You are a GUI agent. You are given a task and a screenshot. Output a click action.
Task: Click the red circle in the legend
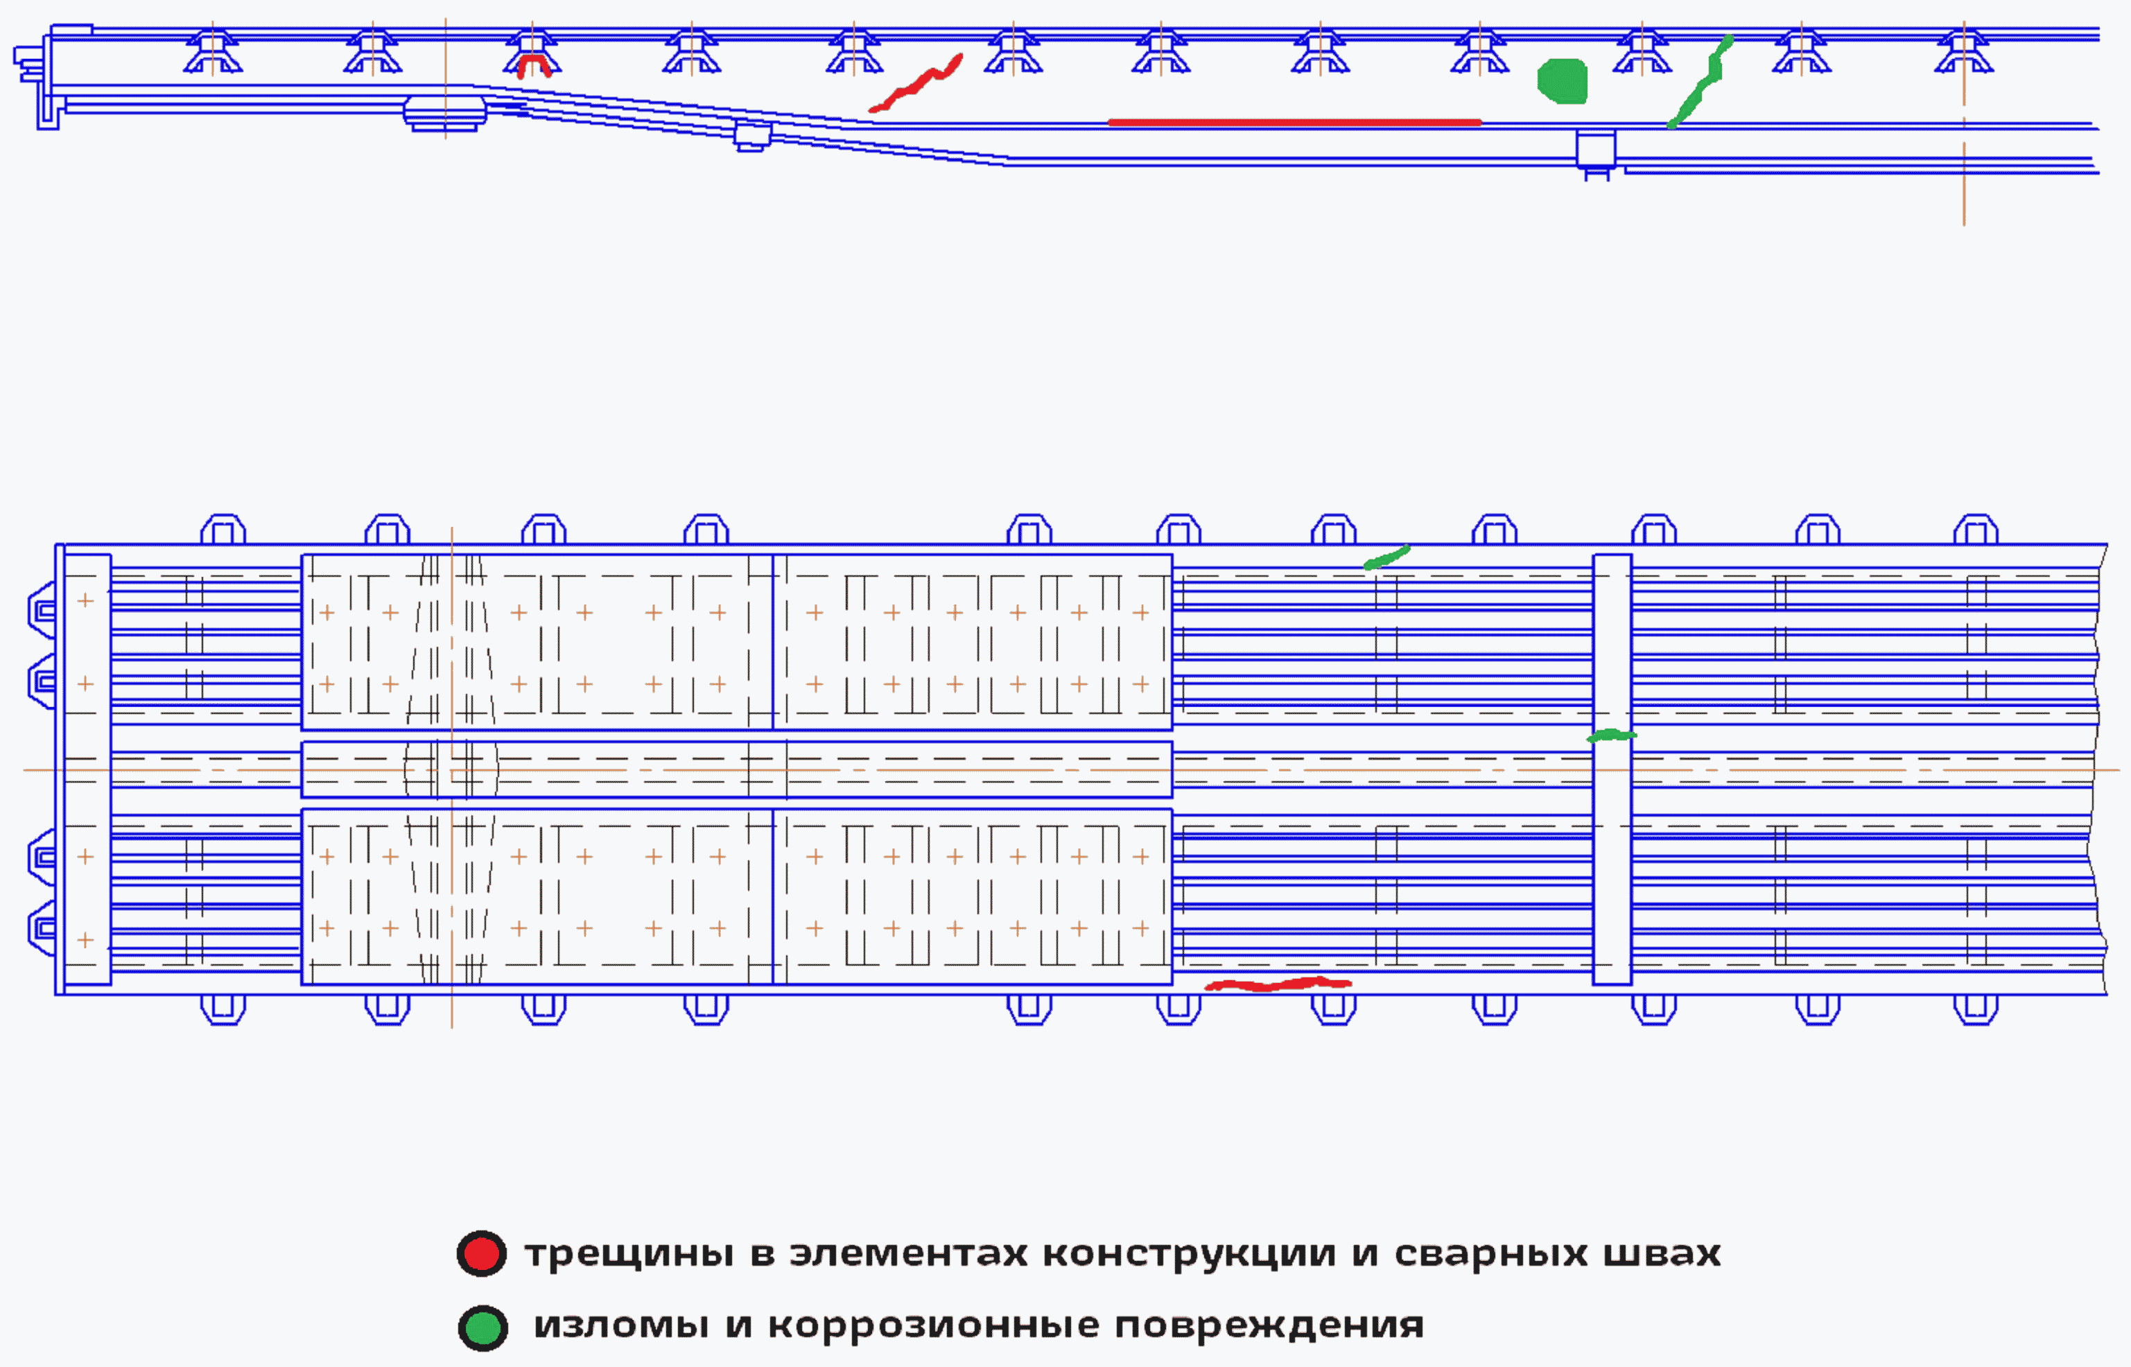click(x=481, y=1253)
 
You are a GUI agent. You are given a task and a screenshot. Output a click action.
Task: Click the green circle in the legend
click(x=482, y=1327)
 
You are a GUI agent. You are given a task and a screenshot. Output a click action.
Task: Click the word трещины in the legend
click(x=628, y=1254)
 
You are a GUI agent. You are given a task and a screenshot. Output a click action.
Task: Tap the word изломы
click(x=620, y=1326)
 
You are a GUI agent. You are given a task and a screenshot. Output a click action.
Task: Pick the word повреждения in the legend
click(x=1269, y=1326)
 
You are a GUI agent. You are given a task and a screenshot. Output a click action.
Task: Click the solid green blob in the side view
click(x=1562, y=82)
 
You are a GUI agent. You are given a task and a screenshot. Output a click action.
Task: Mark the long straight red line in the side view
click(x=1294, y=123)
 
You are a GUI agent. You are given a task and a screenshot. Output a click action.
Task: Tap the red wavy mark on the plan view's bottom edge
click(x=1278, y=984)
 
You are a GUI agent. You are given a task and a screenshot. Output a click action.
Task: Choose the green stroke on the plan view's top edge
click(x=1386, y=557)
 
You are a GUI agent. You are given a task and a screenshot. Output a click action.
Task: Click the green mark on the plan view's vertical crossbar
click(x=1611, y=735)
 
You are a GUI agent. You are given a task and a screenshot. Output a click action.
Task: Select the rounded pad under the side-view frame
click(x=444, y=112)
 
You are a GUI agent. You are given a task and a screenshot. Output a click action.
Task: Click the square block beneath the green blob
click(x=1595, y=148)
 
